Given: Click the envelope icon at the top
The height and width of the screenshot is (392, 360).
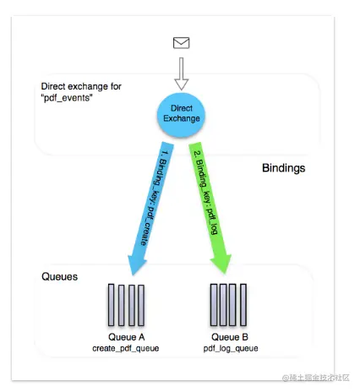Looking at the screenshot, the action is [181, 43].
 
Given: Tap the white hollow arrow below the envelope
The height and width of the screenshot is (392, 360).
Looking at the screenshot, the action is [181, 73].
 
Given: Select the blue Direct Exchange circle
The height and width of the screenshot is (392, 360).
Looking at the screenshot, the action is [181, 115].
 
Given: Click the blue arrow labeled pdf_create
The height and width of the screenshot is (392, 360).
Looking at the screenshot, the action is [150, 209].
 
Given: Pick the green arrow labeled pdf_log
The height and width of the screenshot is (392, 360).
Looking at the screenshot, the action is [210, 208].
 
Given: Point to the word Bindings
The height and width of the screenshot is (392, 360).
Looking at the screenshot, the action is [284, 168].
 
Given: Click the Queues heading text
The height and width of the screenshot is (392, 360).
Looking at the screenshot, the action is [59, 276].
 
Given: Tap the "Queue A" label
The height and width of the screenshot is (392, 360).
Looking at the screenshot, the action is [126, 337].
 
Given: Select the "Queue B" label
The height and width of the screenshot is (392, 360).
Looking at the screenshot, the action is [230, 337].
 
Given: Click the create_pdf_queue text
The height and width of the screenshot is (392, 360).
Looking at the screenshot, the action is [126, 348].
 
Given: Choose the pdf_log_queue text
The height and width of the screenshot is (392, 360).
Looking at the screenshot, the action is [231, 348].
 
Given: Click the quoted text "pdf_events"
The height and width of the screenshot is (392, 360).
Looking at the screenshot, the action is [67, 98].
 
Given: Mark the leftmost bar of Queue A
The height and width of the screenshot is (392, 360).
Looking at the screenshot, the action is [112, 305].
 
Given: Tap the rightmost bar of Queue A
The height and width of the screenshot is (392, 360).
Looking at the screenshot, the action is [141, 305].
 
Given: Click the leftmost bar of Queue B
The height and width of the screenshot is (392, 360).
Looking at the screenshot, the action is [214, 305].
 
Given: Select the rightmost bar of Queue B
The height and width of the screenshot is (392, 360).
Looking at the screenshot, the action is [243, 305].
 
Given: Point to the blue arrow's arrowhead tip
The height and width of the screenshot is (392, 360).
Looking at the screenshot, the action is [133, 275].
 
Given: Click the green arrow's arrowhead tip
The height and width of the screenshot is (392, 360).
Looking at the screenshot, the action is [226, 274].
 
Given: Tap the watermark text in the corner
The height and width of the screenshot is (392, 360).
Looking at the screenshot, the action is [316, 378].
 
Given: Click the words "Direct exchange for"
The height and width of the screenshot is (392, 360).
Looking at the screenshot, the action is [81, 86].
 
